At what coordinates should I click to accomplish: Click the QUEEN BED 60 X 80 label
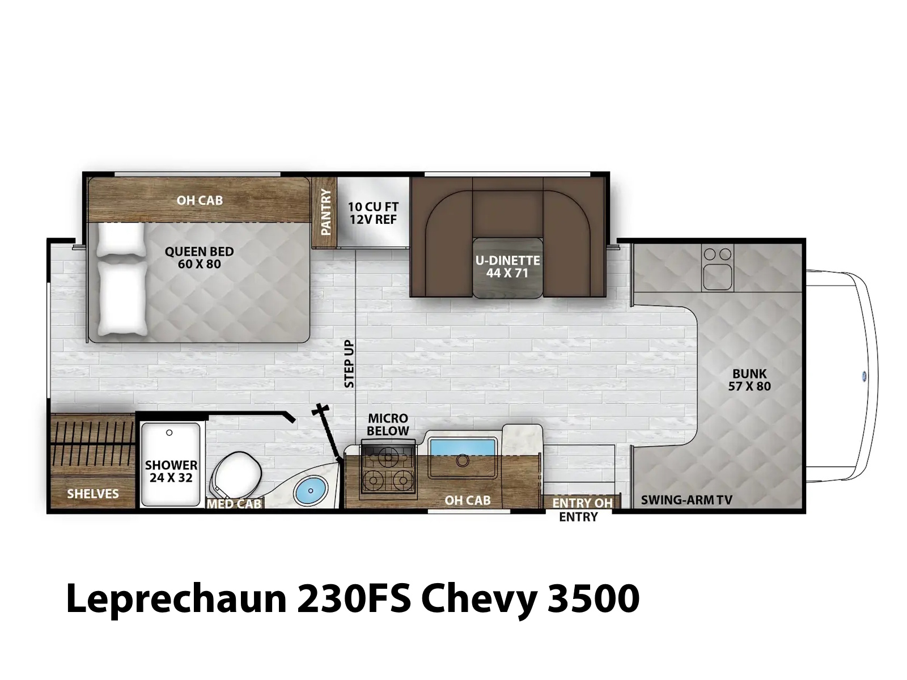pos(199,258)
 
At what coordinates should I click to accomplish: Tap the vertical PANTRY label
pos(326,212)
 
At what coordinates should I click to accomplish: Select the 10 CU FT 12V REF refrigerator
pos(373,212)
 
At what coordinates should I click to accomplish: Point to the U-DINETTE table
pos(507,267)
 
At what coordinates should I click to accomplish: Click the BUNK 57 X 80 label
pos(749,380)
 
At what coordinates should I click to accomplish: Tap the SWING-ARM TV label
pos(686,500)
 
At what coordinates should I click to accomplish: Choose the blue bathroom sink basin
pos(311,489)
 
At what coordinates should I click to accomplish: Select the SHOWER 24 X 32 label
pos(171,471)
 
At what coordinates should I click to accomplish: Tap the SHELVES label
pos(93,494)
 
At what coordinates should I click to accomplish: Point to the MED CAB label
pos(234,504)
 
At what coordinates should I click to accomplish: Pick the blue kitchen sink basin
pos(463,447)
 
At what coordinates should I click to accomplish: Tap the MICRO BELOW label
pos(388,424)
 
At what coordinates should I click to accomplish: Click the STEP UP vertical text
pos(349,364)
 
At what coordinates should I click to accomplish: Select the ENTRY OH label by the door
pos(582,503)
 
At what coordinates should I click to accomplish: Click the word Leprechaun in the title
pos(176,599)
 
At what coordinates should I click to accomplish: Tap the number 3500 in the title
pos(593,598)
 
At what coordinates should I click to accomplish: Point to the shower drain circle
pos(169,433)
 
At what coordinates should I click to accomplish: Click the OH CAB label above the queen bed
pos(200,200)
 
